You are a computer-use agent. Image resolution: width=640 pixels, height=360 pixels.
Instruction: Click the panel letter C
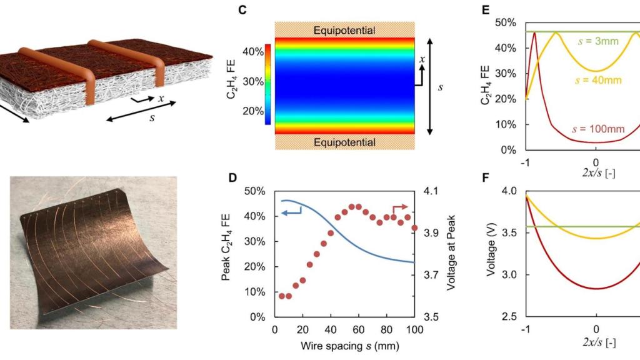[x=234, y=10]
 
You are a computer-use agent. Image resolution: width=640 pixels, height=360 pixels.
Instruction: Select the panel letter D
[x=234, y=177]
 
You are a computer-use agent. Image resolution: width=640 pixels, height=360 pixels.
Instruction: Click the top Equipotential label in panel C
[x=345, y=30]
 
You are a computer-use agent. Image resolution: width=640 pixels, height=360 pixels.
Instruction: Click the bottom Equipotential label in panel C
[x=345, y=142]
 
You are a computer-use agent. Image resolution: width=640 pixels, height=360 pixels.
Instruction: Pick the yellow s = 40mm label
[x=597, y=81]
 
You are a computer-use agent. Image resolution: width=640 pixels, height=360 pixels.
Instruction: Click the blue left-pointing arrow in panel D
[x=291, y=213]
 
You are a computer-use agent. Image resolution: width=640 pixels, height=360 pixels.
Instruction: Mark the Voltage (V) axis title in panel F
[x=492, y=253]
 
